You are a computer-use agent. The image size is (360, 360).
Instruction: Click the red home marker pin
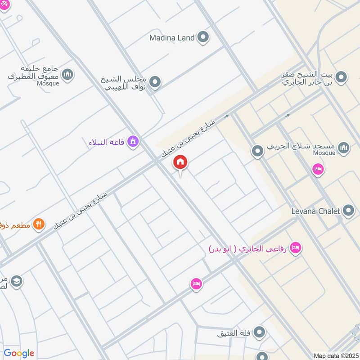180,162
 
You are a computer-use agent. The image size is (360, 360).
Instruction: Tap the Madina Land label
172,38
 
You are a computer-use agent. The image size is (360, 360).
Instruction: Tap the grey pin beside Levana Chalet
348,210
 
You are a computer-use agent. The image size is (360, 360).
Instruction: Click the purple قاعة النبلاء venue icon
133,142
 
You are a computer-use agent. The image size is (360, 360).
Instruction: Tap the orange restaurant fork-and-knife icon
39,224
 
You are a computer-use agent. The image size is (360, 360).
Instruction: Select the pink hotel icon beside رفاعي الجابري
295,247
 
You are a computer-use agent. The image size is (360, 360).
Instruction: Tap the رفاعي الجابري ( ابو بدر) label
247,248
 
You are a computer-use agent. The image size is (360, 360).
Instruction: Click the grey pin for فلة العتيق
259,333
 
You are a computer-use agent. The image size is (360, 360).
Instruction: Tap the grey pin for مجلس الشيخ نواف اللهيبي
155,82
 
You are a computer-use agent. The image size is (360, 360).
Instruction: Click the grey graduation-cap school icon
17,281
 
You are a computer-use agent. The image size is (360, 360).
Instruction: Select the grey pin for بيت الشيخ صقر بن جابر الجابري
342,77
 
